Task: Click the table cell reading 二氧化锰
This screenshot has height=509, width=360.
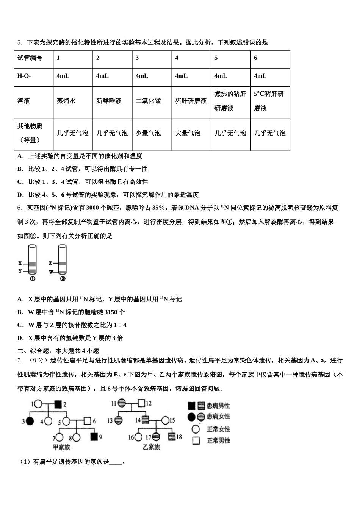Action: [148, 101]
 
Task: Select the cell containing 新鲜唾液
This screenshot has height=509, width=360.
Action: [109, 101]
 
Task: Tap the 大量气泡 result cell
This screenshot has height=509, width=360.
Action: [188, 133]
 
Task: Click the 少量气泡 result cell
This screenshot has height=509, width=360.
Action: [148, 133]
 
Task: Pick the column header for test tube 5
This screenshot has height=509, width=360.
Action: [216, 58]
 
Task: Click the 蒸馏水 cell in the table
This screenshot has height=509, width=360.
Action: [66, 101]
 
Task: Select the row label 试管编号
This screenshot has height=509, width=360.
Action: [30, 58]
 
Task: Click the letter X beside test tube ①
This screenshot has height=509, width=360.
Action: [20, 263]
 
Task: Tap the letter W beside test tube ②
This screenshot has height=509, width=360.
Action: [50, 272]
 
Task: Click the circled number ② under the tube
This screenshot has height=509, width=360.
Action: [63, 279]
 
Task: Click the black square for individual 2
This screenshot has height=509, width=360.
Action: [58, 404]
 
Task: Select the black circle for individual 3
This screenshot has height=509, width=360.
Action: [30, 421]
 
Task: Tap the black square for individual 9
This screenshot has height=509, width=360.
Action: [94, 437]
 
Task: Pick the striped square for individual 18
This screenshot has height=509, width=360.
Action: [172, 437]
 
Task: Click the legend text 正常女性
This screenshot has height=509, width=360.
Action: [218, 429]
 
